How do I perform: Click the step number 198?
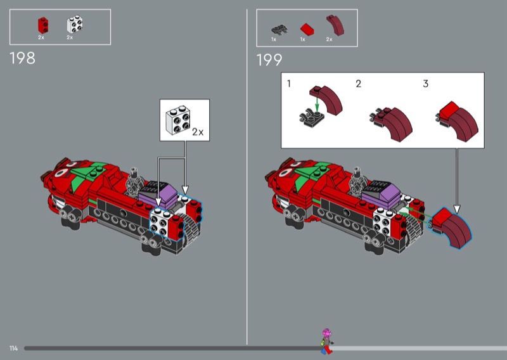pyautogui.click(x=22, y=58)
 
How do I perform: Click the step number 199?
pyautogui.click(x=269, y=60)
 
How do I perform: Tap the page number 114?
pyautogui.click(x=13, y=349)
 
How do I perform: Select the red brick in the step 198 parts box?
pyautogui.click(x=43, y=25)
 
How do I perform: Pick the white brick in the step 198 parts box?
pyautogui.click(x=75, y=24)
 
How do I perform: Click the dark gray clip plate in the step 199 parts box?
pyautogui.click(x=279, y=30)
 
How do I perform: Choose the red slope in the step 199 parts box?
pyautogui.click(x=307, y=29)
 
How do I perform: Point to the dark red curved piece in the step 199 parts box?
pyautogui.click(x=335, y=25)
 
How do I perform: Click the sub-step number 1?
pyautogui.click(x=289, y=84)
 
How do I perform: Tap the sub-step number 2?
pyautogui.click(x=358, y=84)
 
